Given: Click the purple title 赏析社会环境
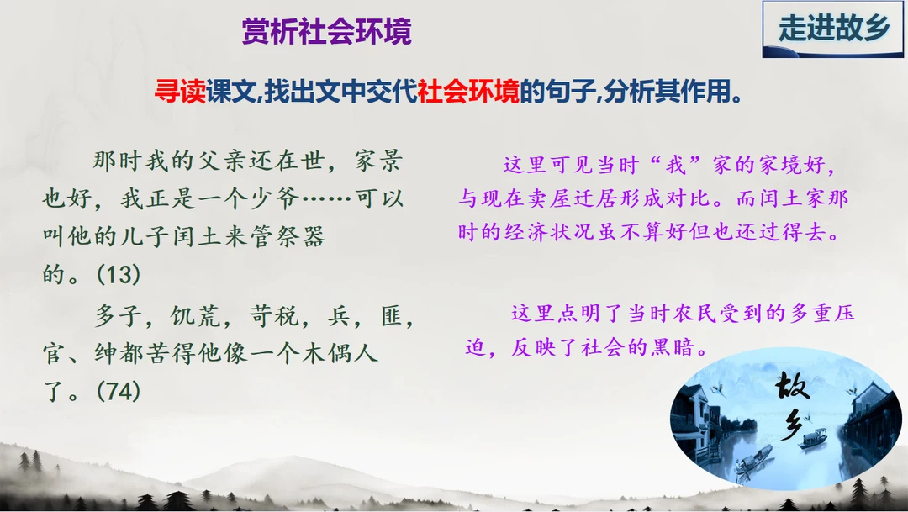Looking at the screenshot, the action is [x=326, y=31].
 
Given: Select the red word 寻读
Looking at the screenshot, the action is [x=180, y=91].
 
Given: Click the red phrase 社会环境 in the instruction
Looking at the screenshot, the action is [x=468, y=91].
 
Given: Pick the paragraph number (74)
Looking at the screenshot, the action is [x=119, y=391].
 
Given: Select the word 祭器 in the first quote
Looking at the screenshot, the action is [x=299, y=236].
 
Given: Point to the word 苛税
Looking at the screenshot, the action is [x=274, y=315].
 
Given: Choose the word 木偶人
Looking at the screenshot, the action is [x=340, y=353].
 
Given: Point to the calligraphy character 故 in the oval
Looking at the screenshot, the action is [x=792, y=386].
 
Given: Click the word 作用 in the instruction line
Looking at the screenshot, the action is [x=706, y=91].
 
